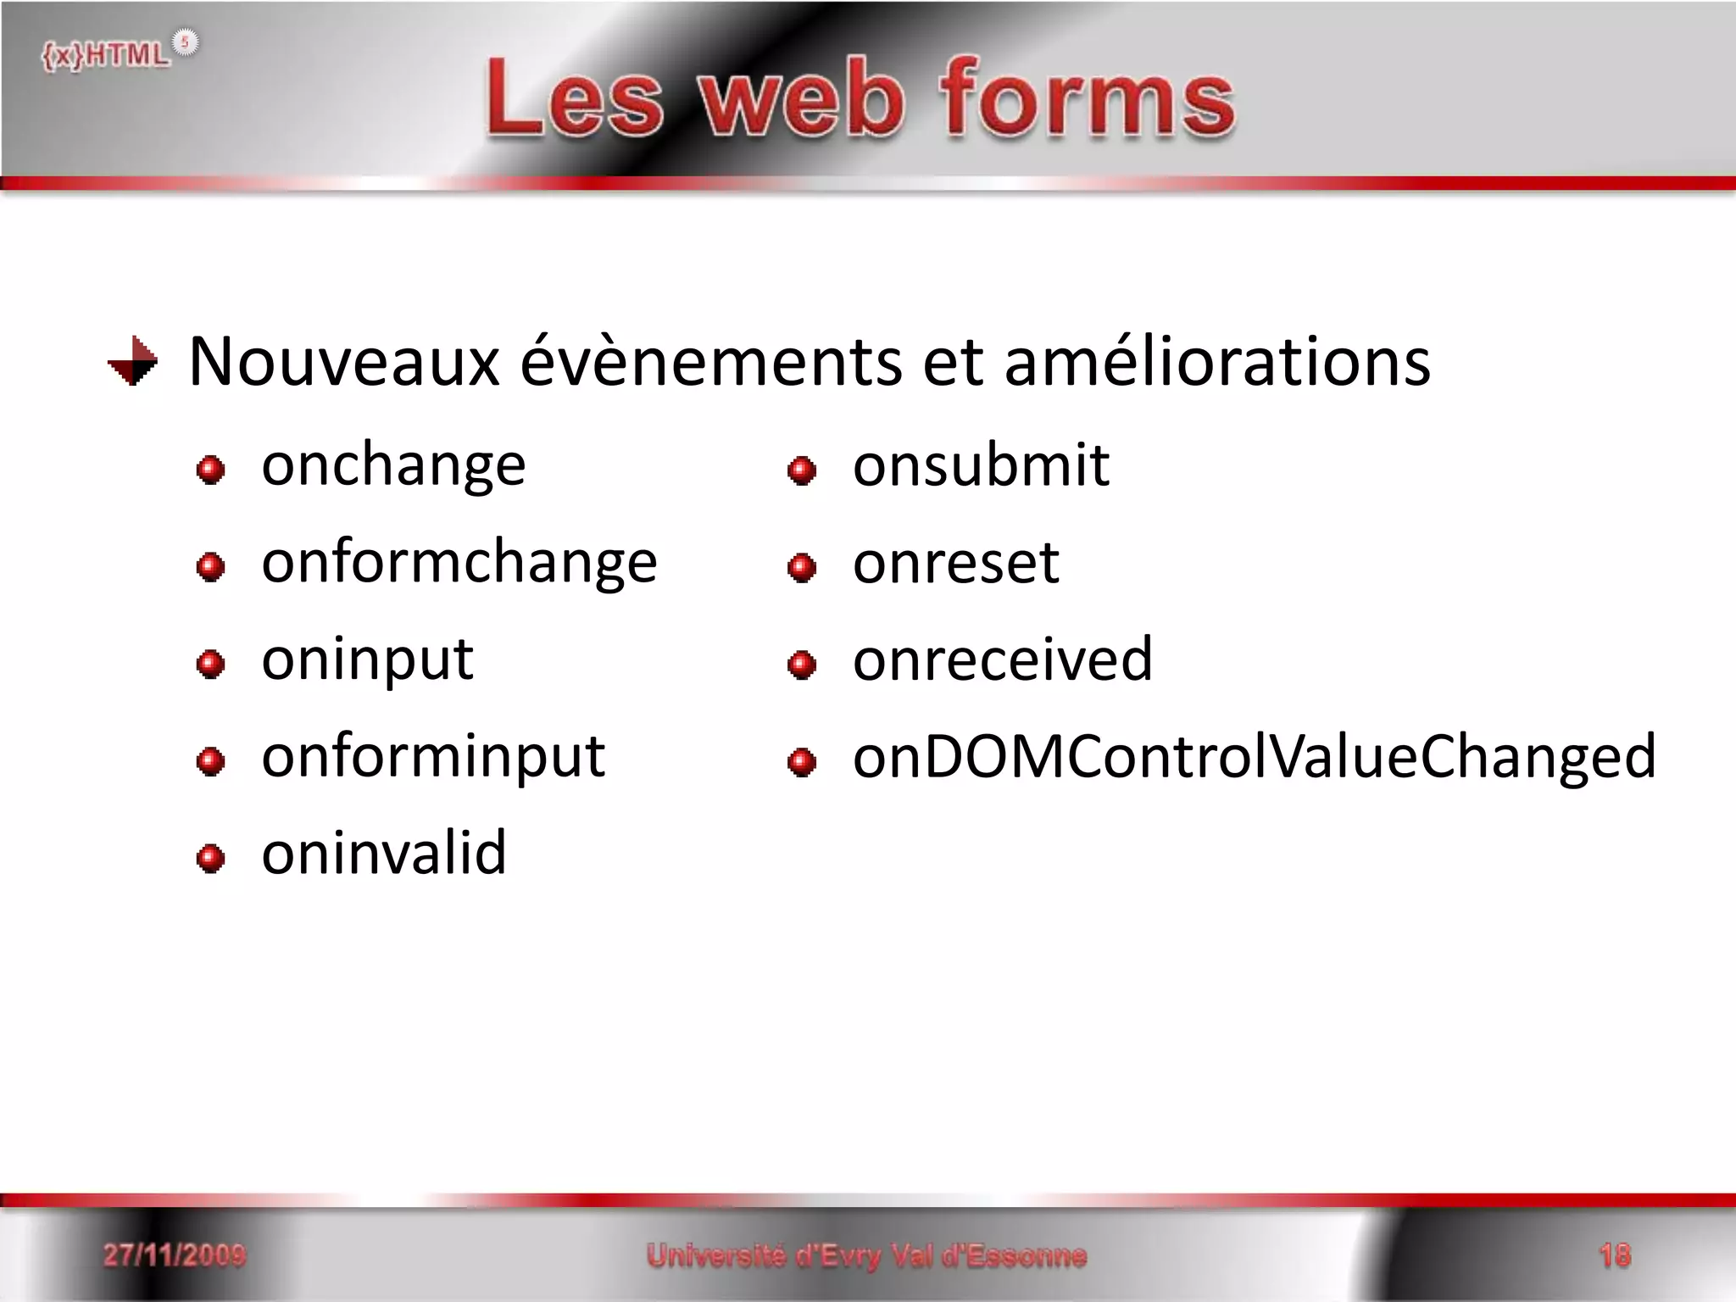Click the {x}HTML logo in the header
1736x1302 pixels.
click(119, 53)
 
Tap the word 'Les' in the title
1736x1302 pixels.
click(574, 100)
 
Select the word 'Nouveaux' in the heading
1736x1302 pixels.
click(343, 363)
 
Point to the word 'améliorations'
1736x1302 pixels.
click(1217, 363)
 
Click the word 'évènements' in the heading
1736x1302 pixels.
click(710, 363)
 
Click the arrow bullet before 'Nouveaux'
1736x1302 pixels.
click(134, 362)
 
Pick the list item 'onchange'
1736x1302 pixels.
click(393, 466)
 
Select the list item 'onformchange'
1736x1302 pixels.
click(459, 563)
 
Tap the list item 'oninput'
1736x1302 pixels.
click(367, 660)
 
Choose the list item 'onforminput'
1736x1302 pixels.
click(433, 757)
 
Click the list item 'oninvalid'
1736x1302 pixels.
click(384, 854)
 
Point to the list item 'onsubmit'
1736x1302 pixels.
click(981, 466)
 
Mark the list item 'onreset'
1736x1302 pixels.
click(955, 563)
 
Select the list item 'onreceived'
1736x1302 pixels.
click(1003, 659)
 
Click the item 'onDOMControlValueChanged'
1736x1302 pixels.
click(1254, 757)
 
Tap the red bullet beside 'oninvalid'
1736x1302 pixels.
click(210, 859)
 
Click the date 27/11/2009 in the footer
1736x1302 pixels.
click(175, 1255)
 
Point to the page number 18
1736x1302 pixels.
click(1614, 1255)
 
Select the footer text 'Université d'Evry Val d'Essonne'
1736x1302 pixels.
click(866, 1255)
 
